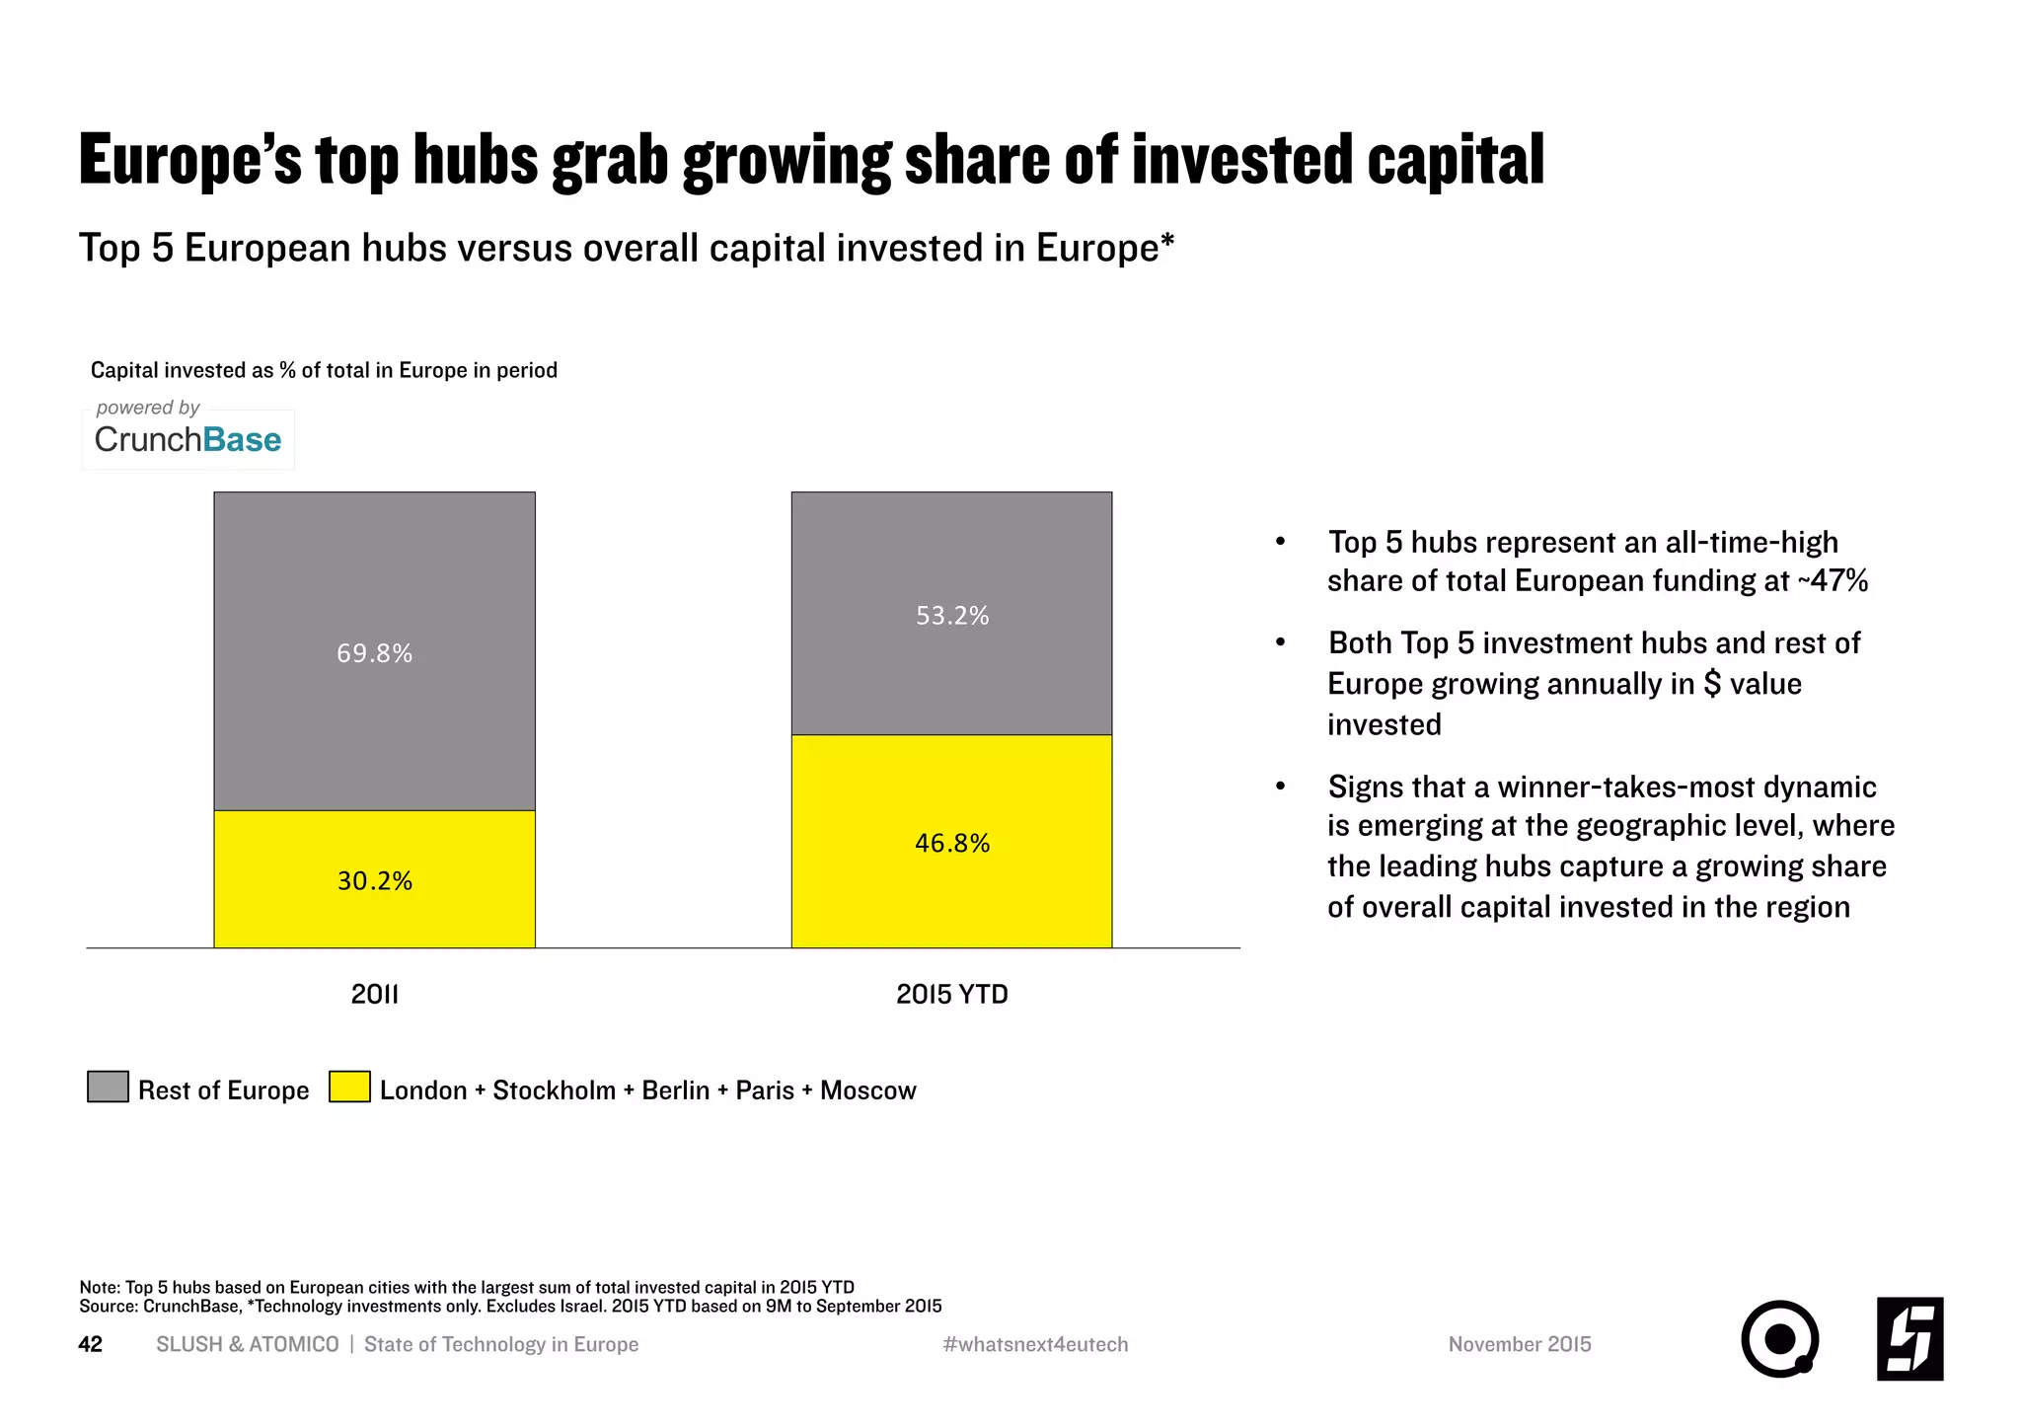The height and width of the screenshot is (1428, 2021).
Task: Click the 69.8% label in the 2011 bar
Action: coord(374,653)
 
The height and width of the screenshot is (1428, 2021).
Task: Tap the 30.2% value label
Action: coord(374,880)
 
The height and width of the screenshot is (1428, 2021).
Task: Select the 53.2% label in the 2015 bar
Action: coord(951,616)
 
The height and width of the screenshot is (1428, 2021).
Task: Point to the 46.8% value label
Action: coord(951,843)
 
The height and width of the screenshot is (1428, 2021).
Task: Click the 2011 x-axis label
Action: coord(374,994)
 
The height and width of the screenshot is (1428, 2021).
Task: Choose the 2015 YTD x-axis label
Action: coord(951,994)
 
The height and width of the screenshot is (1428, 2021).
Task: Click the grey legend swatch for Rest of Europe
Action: coord(108,1087)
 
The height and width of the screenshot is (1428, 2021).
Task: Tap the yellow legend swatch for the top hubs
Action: coord(349,1087)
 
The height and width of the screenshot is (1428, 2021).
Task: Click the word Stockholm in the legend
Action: coord(554,1090)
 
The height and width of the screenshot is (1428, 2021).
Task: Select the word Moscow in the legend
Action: coord(867,1090)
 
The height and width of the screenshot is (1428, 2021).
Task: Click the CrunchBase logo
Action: coord(187,439)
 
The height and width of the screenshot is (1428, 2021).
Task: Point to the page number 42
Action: coord(90,1344)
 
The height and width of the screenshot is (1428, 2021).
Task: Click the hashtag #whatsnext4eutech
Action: coord(1035,1344)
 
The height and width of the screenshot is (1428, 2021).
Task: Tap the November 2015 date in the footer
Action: coord(1519,1344)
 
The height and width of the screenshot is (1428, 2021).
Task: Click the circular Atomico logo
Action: coord(1779,1339)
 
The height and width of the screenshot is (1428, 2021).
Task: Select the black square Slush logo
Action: coord(1909,1338)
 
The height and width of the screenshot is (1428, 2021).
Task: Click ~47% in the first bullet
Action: coord(1833,581)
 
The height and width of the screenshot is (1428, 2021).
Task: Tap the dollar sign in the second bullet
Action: coord(1712,684)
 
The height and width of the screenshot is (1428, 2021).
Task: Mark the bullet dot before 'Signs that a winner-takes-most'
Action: coord(1280,787)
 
